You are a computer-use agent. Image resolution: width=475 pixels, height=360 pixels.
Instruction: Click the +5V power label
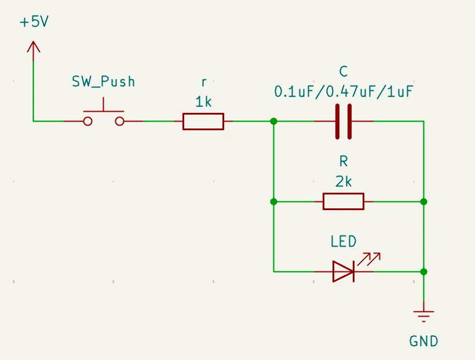34,22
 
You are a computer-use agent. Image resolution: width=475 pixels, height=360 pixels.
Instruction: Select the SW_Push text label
103,82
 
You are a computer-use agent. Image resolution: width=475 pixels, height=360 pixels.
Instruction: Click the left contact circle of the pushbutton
88,122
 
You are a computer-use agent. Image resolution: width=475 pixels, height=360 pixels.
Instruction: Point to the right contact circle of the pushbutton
120,122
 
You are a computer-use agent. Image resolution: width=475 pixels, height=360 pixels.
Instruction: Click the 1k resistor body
203,122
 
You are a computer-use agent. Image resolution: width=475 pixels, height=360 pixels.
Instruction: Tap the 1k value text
203,102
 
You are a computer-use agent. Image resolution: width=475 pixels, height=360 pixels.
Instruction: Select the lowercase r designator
204,82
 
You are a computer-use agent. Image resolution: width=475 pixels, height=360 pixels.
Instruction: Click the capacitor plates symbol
344,122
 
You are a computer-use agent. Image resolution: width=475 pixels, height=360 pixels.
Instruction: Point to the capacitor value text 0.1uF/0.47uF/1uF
344,91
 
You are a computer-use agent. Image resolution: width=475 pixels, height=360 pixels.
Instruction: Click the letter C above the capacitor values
344,71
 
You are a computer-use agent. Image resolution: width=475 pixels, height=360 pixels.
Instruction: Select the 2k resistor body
344,201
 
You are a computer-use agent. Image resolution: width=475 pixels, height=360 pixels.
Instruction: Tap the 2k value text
344,182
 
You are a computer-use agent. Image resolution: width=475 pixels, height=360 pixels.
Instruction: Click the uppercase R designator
344,161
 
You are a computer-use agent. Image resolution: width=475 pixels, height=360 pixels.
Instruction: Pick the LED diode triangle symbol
344,271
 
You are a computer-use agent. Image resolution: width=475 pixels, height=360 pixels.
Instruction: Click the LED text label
344,241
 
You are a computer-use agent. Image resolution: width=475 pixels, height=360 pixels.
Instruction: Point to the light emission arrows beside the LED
369,259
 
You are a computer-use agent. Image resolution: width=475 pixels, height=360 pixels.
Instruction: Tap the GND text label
423,341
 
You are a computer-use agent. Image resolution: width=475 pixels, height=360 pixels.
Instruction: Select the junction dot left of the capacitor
273,122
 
